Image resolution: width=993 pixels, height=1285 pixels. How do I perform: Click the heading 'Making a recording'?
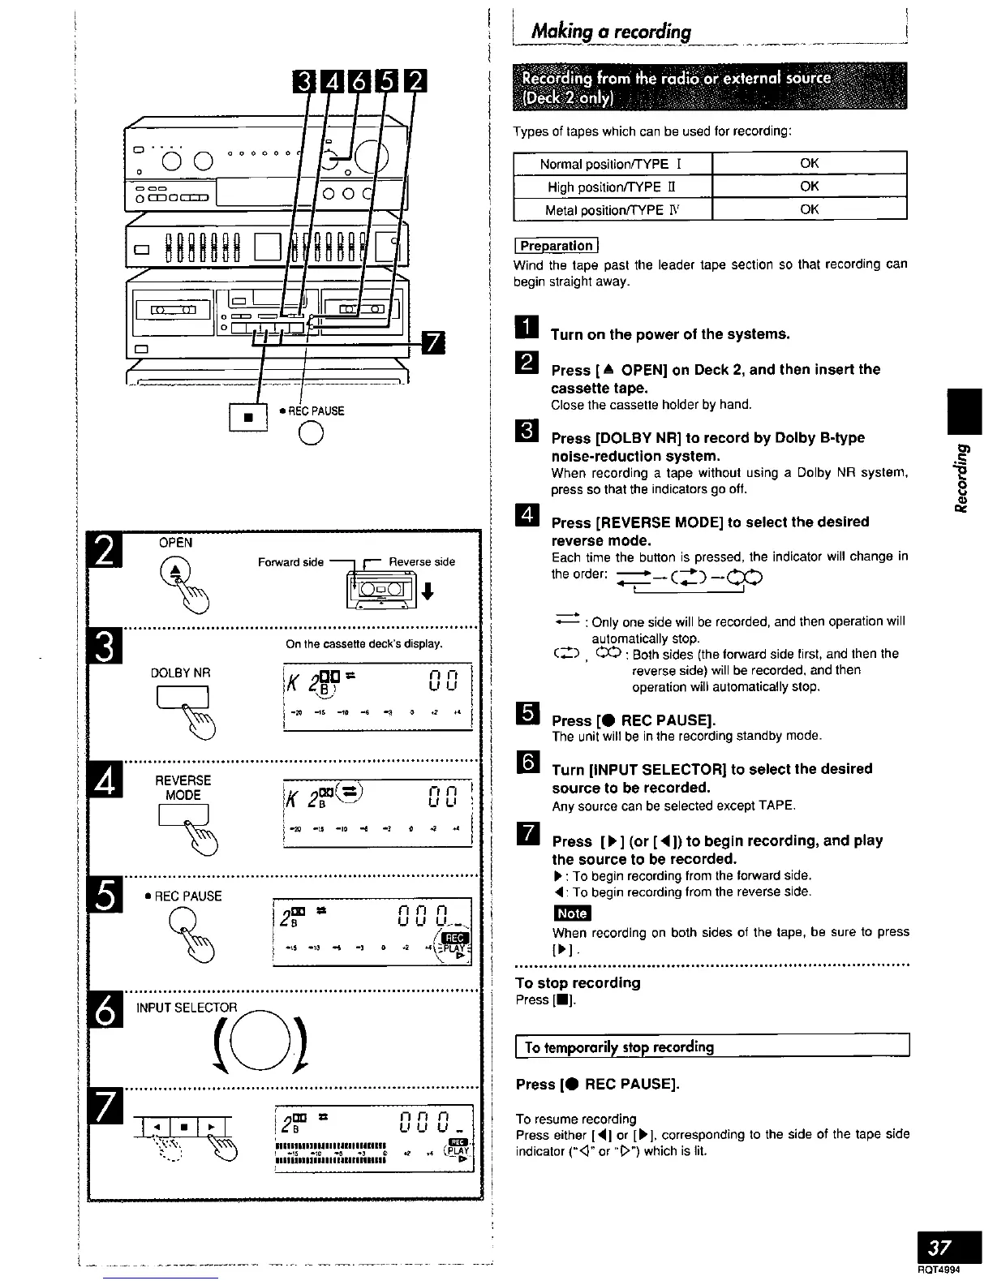tap(610, 32)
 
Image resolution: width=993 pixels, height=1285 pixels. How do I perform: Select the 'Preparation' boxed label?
tap(557, 245)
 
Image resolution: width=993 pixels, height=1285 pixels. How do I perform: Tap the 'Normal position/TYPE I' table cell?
tap(612, 164)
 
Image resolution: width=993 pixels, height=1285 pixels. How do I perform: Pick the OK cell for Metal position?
tap(809, 209)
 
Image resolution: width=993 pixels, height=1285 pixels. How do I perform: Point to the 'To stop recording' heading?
tap(578, 982)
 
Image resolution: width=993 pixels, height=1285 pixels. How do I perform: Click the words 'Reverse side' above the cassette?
tap(422, 561)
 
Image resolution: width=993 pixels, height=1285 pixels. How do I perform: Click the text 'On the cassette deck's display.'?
tap(363, 644)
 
